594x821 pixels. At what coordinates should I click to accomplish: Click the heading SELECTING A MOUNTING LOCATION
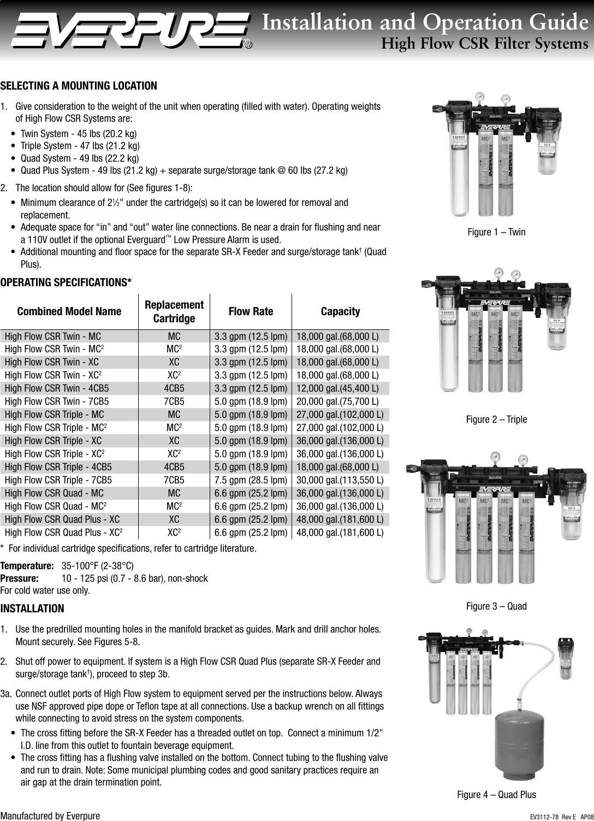[x=79, y=86]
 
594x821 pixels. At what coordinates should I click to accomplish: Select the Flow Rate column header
[x=251, y=311]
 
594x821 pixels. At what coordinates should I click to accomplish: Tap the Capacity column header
[x=340, y=311]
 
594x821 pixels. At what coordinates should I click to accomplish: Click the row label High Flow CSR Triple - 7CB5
[x=58, y=480]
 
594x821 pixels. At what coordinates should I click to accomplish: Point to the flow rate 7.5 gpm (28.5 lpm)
[x=251, y=480]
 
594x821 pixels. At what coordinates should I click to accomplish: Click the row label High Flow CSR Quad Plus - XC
[x=62, y=519]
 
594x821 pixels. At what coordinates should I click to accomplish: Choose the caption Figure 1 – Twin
[x=496, y=232]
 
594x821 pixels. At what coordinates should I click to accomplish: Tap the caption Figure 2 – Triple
[x=496, y=420]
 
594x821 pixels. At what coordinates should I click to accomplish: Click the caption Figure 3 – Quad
[x=496, y=606]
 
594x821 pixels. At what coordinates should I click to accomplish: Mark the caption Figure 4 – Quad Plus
[x=496, y=795]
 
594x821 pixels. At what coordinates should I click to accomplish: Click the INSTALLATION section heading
[x=32, y=609]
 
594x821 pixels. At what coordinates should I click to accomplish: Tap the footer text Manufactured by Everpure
[x=50, y=816]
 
